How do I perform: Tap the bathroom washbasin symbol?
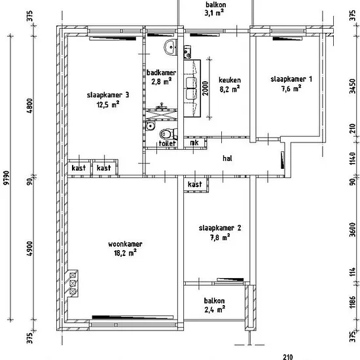(x=170, y=47)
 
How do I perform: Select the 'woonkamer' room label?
(x=125, y=244)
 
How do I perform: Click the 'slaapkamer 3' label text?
(x=108, y=95)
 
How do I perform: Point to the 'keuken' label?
(x=230, y=80)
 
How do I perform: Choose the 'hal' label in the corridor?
(x=227, y=158)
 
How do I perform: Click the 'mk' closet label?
(x=194, y=143)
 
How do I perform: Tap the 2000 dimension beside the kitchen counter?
(x=206, y=88)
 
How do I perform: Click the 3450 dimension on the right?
(x=352, y=86)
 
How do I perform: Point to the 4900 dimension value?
(x=30, y=249)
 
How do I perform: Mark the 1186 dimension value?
(x=352, y=302)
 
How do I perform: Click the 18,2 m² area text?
(x=126, y=253)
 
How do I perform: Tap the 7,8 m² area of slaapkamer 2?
(x=220, y=237)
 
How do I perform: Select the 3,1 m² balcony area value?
(x=214, y=12)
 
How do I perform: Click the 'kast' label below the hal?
(x=194, y=184)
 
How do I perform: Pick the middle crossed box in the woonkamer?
(x=73, y=283)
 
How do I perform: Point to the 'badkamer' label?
(x=162, y=73)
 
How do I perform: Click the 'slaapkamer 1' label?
(x=291, y=79)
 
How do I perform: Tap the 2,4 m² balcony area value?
(x=215, y=310)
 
